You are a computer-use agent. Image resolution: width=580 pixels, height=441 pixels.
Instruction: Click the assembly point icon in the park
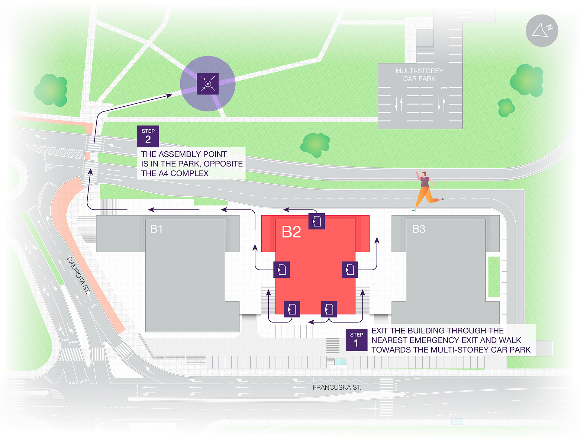208,84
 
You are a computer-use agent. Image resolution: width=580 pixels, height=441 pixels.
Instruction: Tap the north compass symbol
542,31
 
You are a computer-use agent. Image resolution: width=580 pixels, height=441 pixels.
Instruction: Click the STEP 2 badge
148,136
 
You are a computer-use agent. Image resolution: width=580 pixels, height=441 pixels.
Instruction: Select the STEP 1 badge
356,340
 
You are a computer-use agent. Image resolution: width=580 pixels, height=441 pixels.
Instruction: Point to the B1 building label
156,229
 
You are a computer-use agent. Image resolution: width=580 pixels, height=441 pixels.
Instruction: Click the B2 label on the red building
291,232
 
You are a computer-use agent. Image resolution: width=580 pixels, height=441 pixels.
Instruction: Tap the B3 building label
418,229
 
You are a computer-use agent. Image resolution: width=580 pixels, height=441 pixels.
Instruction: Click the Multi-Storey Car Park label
419,75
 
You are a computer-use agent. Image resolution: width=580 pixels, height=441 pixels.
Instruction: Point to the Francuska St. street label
337,388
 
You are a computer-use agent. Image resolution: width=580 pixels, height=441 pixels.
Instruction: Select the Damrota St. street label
78,275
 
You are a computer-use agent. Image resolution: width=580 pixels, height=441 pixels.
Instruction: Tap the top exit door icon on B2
317,221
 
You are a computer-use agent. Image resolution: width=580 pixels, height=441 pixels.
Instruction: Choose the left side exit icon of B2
282,269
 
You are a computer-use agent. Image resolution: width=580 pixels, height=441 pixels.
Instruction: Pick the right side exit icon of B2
350,269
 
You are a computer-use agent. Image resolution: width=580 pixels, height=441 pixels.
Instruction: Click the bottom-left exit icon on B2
292,309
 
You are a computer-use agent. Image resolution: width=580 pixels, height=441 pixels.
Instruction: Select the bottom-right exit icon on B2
329,309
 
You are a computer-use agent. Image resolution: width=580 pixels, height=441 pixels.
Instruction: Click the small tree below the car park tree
506,108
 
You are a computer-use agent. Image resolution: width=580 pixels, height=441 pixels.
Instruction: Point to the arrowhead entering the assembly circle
169,95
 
